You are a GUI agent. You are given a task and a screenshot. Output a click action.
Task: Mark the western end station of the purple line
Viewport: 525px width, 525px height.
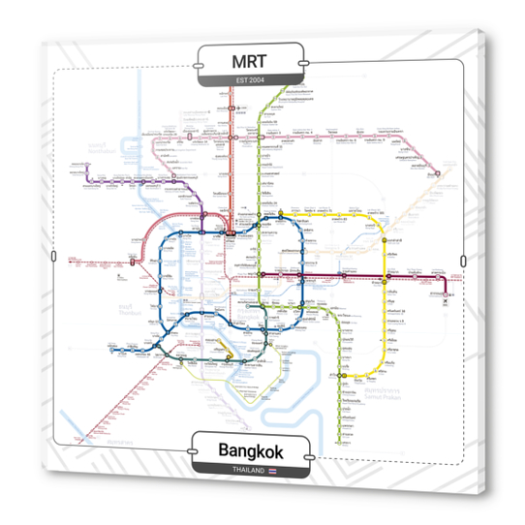84,180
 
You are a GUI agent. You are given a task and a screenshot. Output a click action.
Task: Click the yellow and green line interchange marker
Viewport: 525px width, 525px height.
281,214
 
